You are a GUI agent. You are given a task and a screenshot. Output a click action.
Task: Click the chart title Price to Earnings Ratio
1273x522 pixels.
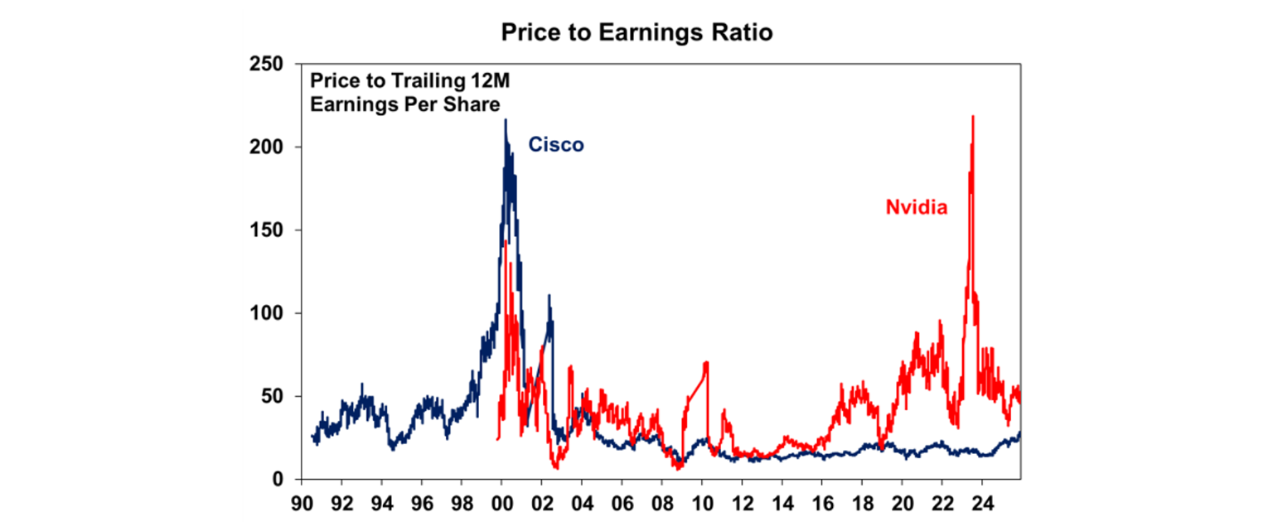pos(636,32)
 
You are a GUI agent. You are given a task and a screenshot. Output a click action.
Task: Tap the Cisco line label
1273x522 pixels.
pos(556,145)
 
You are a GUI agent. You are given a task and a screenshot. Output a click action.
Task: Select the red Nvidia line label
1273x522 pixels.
pos(916,208)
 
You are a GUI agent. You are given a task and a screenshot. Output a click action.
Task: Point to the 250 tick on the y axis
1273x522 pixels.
pos(266,64)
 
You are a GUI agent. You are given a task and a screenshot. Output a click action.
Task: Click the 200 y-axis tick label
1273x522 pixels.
pos(266,147)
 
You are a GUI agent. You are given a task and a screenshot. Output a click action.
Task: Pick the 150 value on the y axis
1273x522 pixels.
pos(266,230)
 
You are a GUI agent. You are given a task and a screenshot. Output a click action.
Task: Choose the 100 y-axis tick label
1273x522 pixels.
pos(266,313)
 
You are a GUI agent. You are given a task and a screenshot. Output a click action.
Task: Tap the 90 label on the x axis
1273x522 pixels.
pos(302,502)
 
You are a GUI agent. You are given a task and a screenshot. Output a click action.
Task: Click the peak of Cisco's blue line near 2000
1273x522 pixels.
pos(506,120)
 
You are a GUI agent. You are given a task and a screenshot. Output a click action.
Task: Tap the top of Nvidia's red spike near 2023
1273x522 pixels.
pos(972,116)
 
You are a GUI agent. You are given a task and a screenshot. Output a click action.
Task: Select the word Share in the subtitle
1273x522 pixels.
pos(476,104)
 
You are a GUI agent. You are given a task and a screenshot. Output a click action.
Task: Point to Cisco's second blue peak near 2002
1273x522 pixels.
pos(549,295)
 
